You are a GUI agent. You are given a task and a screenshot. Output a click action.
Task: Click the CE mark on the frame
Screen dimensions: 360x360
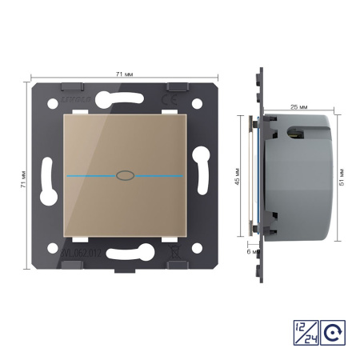tap(169, 100)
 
